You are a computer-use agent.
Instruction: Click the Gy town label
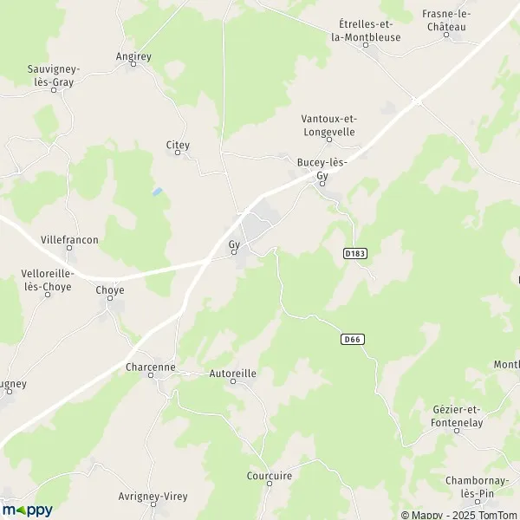[234, 244]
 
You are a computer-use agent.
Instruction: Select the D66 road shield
[351, 340]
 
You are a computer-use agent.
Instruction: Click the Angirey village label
[133, 56]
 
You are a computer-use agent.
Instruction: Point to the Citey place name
[178, 146]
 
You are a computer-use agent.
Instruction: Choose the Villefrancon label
[69, 239]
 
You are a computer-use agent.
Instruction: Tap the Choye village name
[110, 290]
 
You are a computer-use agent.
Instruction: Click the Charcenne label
[150, 367]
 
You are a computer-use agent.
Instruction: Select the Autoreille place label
[233, 374]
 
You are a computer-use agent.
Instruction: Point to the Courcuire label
[269, 476]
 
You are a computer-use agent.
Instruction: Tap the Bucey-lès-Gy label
[322, 169]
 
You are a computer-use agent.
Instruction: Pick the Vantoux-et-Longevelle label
[328, 125]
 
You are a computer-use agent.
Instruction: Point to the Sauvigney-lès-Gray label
[54, 74]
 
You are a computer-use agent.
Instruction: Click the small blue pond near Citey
[156, 192]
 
